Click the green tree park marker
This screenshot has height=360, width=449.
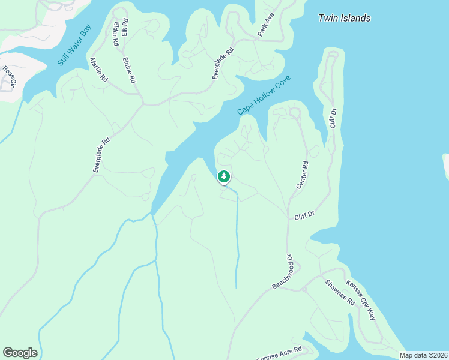coord(224,176)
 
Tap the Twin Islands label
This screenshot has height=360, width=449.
coord(344,18)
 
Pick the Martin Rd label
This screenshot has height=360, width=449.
coord(98,70)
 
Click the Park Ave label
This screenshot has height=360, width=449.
coord(266,25)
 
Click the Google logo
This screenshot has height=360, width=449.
coord(20,353)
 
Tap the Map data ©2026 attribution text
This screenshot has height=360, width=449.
coord(423,355)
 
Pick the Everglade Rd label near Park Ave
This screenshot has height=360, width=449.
coord(222,64)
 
